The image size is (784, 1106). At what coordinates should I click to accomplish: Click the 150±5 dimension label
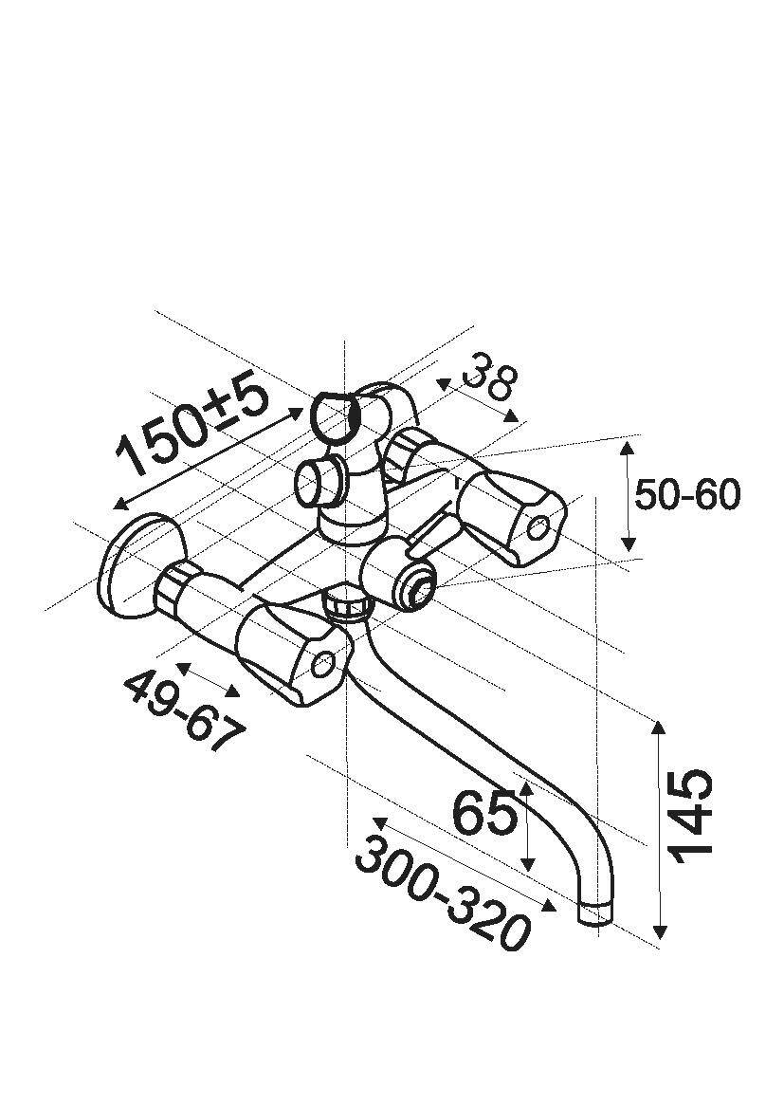point(194,428)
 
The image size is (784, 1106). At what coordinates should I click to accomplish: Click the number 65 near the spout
point(484,813)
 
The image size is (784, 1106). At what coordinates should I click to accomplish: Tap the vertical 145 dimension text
point(692,816)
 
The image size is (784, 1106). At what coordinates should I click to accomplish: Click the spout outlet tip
point(594,914)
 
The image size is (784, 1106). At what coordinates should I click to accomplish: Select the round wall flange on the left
point(141,568)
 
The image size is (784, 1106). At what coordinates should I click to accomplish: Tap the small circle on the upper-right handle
point(538,526)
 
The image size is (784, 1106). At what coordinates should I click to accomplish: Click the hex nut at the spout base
point(347,602)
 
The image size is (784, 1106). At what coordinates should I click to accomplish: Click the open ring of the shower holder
point(334,417)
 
